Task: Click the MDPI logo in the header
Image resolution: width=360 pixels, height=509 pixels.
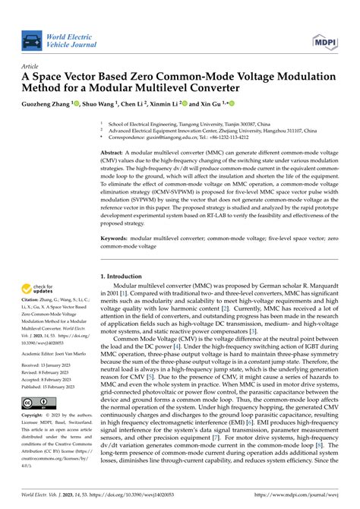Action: point(321,40)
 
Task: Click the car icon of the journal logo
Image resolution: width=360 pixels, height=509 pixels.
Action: point(32,40)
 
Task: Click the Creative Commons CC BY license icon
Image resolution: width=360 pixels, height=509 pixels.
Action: point(36,402)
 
